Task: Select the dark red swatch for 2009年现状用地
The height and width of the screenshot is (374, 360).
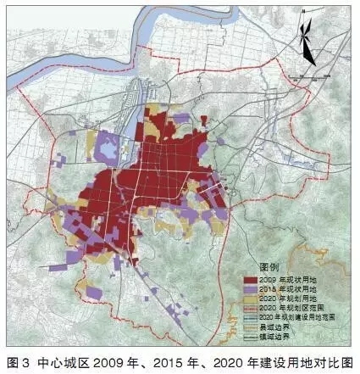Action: click(x=253, y=279)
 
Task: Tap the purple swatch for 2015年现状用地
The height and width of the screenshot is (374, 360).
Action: click(x=253, y=288)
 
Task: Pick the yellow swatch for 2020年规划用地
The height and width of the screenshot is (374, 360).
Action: click(x=253, y=298)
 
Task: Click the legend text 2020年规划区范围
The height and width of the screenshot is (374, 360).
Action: click(x=292, y=307)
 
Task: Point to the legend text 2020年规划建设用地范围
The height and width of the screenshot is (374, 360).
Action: click(x=301, y=316)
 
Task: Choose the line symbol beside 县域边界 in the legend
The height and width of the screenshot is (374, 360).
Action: click(x=253, y=326)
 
